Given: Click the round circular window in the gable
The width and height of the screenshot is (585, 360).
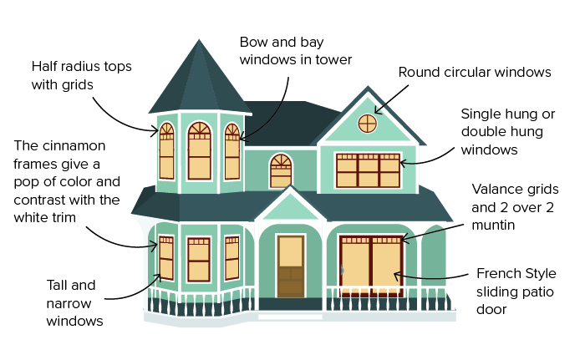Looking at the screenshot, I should tap(366, 123).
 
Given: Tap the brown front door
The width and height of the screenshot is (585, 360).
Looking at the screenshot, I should tap(290, 266).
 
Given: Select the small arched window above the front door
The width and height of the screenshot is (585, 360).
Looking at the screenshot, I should tap(281, 170).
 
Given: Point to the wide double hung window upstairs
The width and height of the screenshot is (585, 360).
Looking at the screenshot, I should tap(368, 170).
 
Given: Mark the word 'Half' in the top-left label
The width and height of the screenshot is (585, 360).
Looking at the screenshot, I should tap(47, 65).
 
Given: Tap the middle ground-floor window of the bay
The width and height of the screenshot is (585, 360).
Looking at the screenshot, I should tap(199, 259).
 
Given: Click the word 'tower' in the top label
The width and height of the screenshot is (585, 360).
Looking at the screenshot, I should tap(333, 59).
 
